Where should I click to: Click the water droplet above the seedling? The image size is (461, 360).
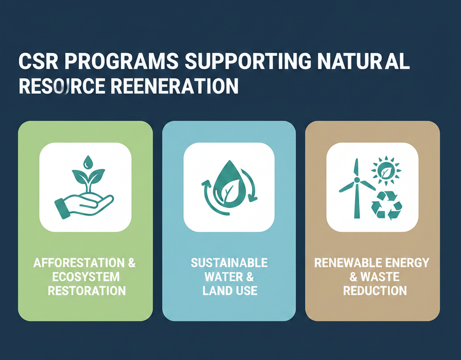(x=90, y=161)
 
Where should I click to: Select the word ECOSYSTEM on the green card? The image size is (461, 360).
(x=86, y=276)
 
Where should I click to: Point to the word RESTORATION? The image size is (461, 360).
(x=86, y=290)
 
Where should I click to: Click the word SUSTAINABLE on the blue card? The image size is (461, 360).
(x=229, y=263)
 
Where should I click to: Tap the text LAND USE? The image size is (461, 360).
(x=230, y=291)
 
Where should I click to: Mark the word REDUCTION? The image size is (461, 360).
(x=375, y=291)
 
